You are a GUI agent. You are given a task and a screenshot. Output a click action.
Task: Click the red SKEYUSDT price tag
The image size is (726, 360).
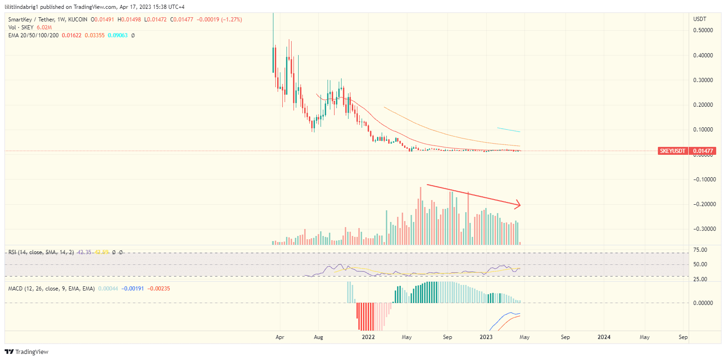672,151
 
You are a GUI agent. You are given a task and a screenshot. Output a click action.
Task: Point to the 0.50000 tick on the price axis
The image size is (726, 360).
702,30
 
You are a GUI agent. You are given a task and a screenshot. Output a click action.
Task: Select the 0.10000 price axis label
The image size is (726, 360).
702,130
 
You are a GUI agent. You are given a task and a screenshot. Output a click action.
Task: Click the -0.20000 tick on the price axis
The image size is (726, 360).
701,204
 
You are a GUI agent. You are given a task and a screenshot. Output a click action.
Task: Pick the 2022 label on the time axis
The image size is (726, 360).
368,337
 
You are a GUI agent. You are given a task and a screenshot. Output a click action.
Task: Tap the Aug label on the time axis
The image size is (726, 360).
319,337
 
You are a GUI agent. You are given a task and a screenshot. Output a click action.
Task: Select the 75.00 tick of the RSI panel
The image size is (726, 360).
700,250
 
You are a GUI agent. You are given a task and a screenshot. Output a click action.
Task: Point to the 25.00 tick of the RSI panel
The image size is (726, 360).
700,279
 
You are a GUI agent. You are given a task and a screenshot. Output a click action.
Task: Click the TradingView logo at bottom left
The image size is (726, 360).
27,352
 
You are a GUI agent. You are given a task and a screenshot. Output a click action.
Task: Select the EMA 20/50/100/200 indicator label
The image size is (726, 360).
34,35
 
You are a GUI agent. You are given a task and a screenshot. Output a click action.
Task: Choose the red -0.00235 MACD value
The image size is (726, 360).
159,289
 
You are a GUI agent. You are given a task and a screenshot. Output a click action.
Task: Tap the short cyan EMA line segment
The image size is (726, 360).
509,130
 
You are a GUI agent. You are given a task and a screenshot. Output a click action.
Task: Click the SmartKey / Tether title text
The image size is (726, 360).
30,20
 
